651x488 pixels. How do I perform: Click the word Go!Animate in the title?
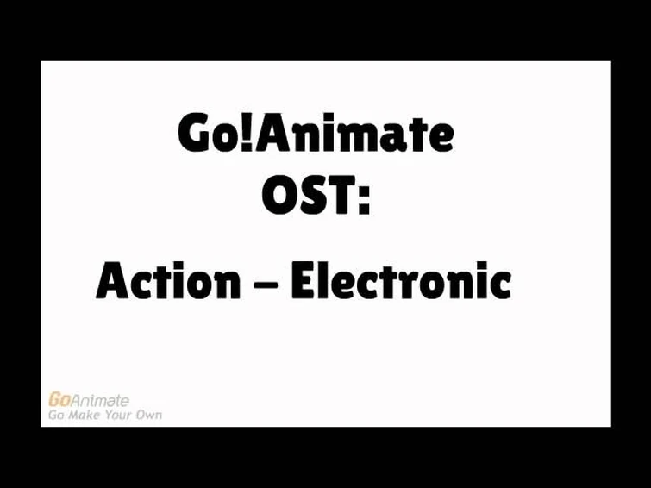point(316,134)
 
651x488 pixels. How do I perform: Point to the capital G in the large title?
point(195,134)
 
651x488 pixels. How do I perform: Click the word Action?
point(168,281)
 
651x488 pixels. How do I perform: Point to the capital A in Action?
point(112,281)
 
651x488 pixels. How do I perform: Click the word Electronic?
point(401,281)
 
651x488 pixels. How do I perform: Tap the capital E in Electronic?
point(303,281)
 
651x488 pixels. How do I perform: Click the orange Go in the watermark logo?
point(59,400)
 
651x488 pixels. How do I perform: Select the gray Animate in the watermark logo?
point(100,400)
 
